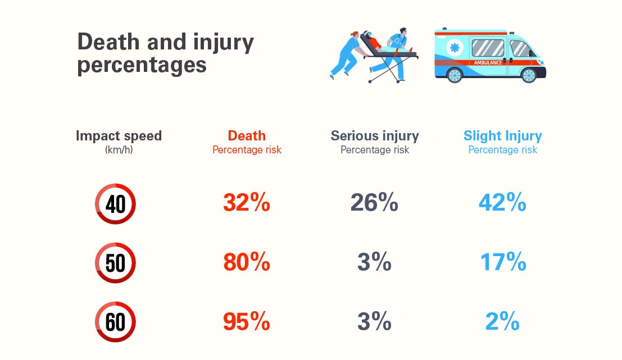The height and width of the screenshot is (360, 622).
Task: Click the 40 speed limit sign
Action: pos(115,203)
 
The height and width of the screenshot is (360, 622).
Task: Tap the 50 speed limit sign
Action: pos(115,263)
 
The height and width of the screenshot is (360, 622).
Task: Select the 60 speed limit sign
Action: pos(115,322)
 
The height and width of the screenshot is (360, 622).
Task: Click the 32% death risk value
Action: pos(246,203)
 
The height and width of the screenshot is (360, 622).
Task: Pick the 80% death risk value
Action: pos(246,263)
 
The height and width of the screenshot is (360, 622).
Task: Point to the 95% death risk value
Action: pos(246,322)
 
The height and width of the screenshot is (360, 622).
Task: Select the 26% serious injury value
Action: pos(374,203)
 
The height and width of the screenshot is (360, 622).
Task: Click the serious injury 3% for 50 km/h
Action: pos(374,263)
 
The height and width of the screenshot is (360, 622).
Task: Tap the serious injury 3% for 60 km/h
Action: pos(374,322)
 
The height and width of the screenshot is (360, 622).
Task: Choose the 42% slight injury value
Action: pos(502,203)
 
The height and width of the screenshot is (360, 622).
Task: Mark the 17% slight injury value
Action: pos(502,263)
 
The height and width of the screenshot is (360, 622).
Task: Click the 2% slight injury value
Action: pos(502,322)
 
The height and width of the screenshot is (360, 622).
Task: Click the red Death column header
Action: pos(247,136)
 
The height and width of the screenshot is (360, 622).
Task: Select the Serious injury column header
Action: pos(374,136)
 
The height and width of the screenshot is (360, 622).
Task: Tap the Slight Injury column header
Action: pos(502,136)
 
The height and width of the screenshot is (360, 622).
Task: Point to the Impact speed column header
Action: pos(119,136)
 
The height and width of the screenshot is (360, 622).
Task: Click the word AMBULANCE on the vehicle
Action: pos(488,62)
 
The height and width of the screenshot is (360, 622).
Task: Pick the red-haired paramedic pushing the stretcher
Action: pos(347,53)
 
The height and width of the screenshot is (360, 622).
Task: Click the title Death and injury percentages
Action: pos(165,53)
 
